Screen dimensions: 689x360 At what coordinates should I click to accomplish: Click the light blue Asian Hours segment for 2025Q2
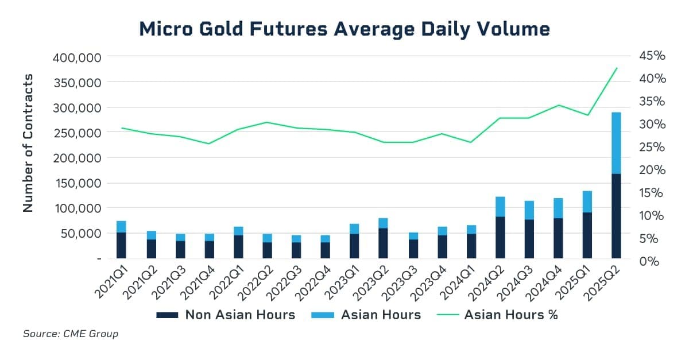coord(616,143)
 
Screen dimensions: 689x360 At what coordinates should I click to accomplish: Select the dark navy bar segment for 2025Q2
coord(616,216)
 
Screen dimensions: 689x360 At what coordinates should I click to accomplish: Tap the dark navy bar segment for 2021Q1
coord(121,245)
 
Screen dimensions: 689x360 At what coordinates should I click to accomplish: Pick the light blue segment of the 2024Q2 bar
coord(501,207)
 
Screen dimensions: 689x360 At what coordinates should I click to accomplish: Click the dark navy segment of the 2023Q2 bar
coord(384,243)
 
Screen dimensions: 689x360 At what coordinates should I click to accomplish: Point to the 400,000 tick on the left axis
coord(77,57)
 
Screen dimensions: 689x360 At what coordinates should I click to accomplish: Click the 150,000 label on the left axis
coord(78,183)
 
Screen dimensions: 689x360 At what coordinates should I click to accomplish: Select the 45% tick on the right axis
coord(652,56)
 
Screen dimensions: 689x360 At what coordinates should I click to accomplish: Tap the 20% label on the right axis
coord(652,170)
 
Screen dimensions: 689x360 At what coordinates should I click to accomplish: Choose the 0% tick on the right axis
coord(649,262)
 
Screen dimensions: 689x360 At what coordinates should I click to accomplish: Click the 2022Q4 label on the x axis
coord(313,282)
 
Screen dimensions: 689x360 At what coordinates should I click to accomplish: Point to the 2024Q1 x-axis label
coord(458,282)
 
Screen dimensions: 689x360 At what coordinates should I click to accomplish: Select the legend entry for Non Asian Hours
coord(226,315)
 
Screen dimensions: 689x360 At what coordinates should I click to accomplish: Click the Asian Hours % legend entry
coord(497,315)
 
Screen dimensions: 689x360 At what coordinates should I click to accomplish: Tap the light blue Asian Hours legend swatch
coord(322,315)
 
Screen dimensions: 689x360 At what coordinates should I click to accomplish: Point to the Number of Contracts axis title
coord(28,143)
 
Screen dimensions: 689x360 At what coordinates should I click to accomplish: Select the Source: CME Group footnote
coord(71,334)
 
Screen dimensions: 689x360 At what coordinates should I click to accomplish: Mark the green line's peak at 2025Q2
coord(617,68)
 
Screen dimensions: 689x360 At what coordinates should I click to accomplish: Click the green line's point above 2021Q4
coord(209,144)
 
